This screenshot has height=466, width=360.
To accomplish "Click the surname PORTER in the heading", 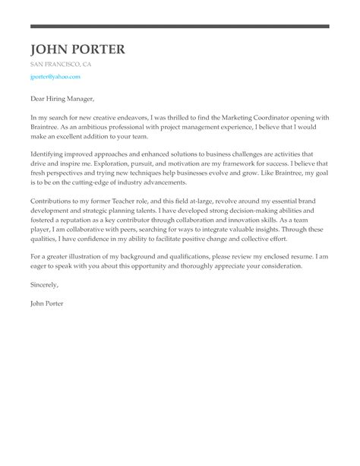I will [x=99, y=50].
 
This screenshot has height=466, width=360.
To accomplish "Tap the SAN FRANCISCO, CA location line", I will [x=61, y=65].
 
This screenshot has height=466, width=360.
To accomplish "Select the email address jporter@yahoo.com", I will [x=55, y=78].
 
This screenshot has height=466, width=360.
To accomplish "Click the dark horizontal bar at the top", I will [x=180, y=27].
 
